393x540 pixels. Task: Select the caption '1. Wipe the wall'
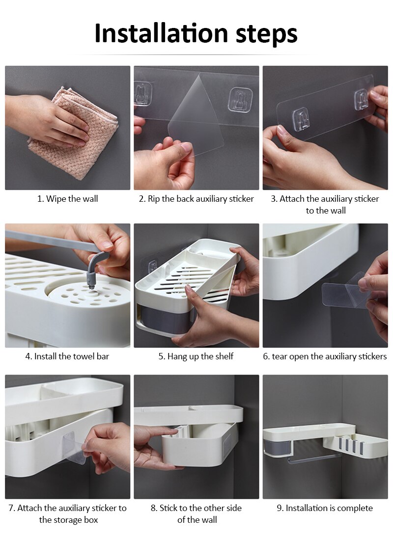coord(68,199)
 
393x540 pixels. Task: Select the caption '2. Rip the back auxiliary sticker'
coord(196,199)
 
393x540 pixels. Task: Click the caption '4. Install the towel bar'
coord(67,356)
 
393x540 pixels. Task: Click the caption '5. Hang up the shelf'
coord(196,356)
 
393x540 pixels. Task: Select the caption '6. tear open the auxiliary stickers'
coord(325,356)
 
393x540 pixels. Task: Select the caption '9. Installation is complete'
coord(325,508)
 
